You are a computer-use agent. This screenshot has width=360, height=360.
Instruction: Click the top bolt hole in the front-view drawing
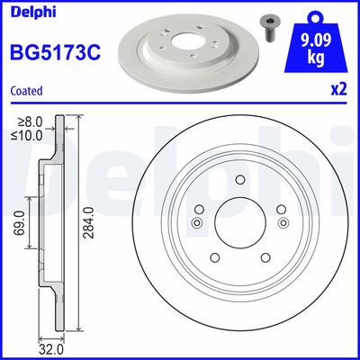239,181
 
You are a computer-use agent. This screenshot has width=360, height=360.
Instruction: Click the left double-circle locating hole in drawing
197,223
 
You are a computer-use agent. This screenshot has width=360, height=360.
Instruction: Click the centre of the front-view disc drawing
239,223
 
